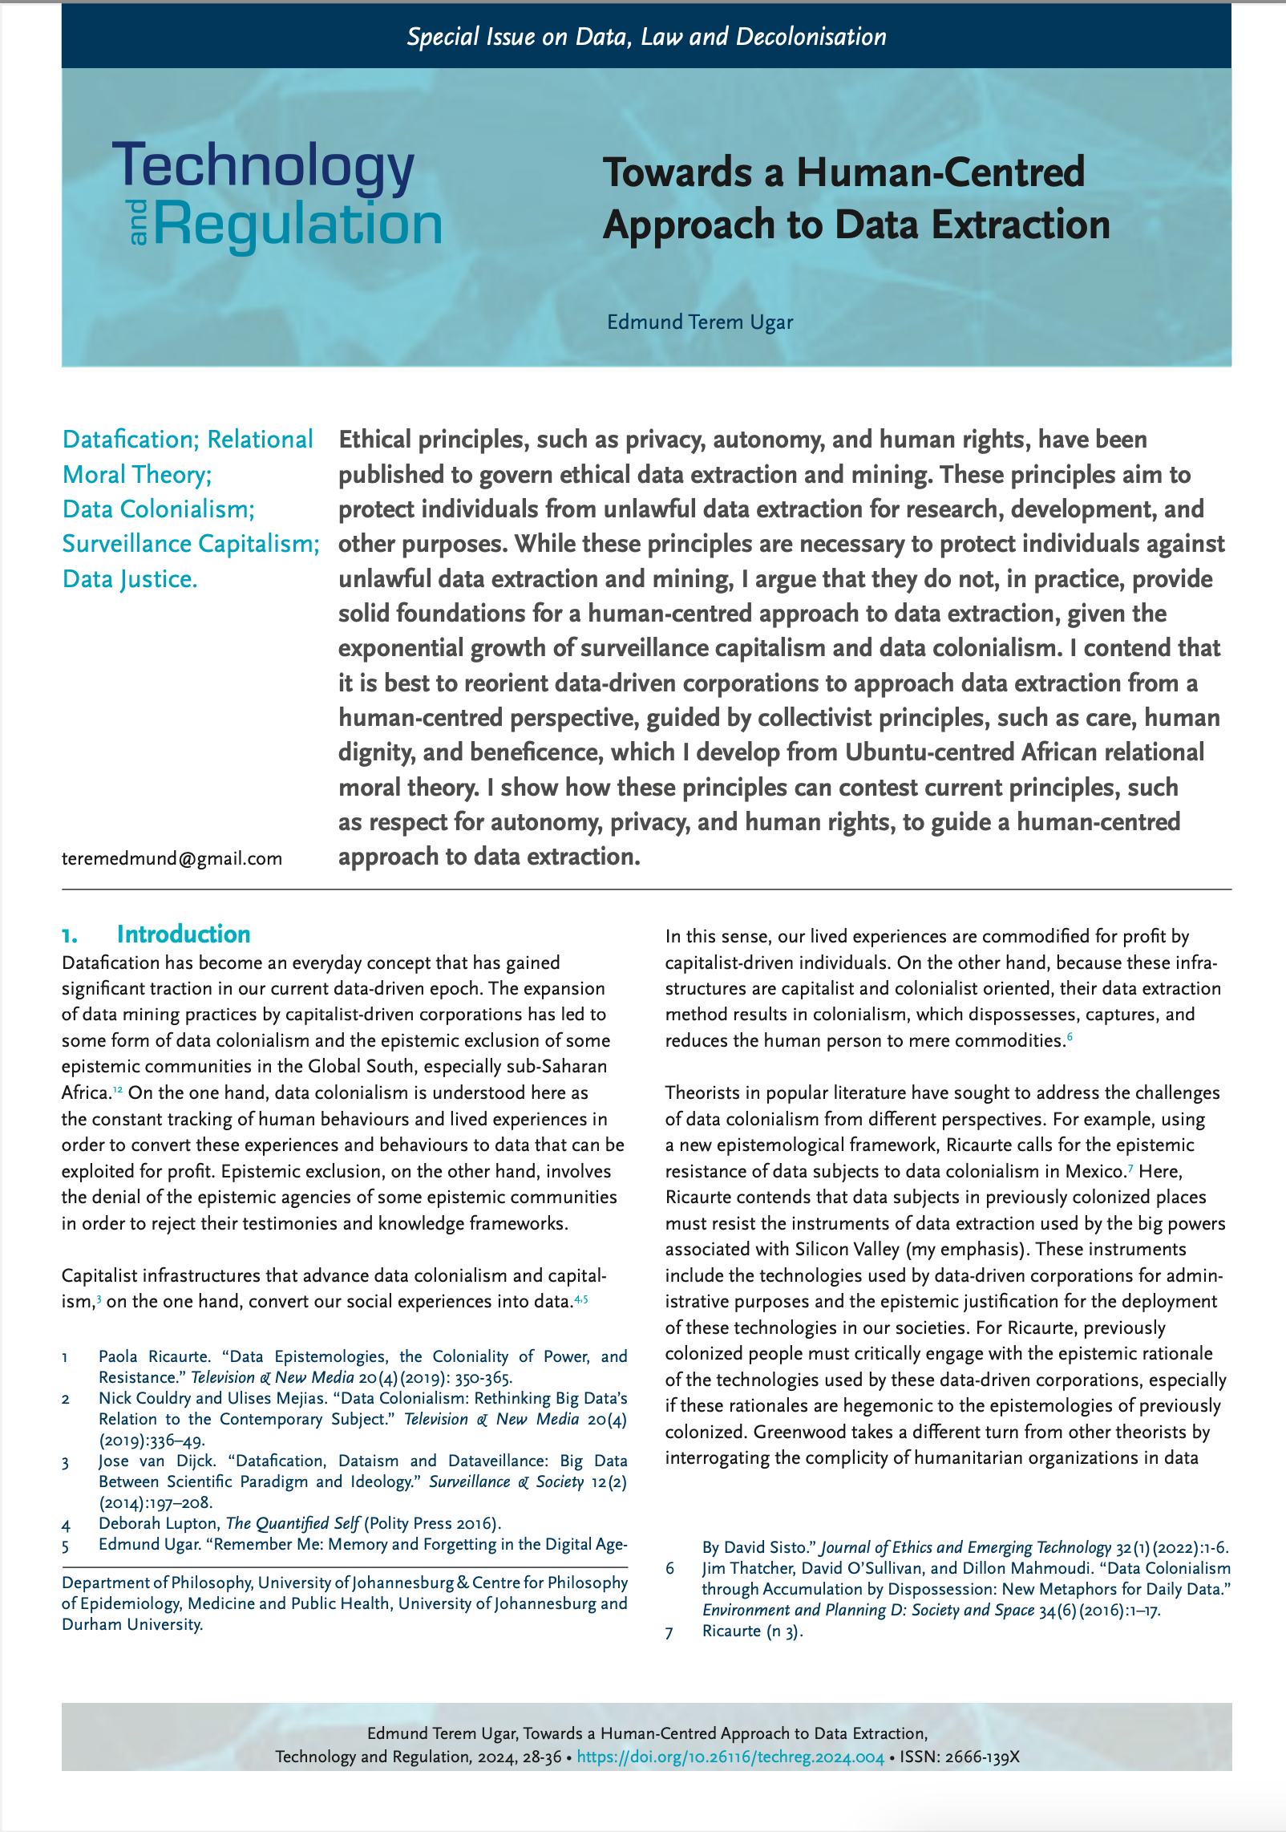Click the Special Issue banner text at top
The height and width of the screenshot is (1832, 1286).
(x=646, y=37)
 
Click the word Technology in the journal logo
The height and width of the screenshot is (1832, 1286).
(x=264, y=167)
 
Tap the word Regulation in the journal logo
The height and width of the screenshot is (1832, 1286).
(x=297, y=224)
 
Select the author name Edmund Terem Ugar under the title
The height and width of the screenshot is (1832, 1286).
(x=699, y=322)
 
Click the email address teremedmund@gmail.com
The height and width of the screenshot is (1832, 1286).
(x=172, y=858)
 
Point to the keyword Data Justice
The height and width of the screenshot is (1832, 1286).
(x=130, y=578)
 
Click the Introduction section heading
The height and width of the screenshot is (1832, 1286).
(x=183, y=934)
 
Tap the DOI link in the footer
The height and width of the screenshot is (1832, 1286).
(x=730, y=1757)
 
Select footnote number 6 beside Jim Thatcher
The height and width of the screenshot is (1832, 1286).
(x=670, y=1568)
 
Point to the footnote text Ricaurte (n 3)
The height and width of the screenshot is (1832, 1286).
(x=752, y=1631)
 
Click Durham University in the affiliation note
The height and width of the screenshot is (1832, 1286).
(x=132, y=1624)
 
